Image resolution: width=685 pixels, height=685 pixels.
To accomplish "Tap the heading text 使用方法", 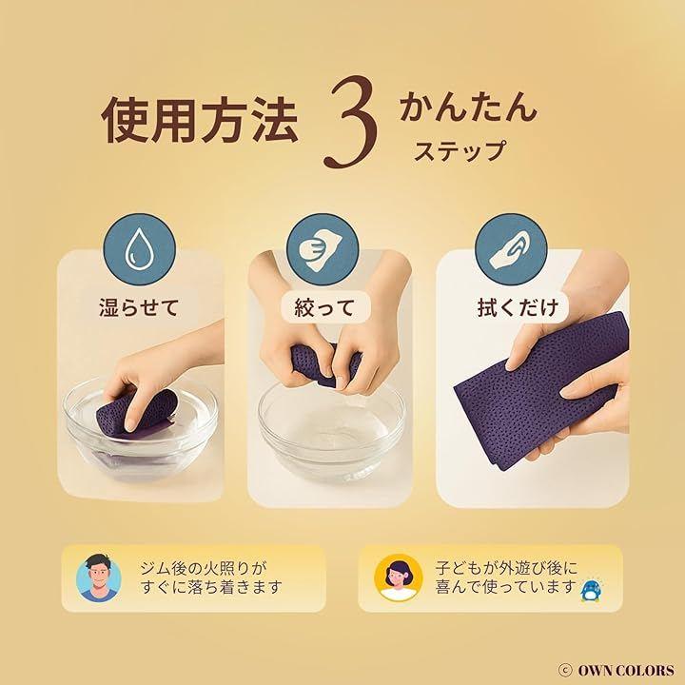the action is pos(200,119).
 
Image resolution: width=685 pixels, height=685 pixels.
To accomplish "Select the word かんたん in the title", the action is pos(468,106).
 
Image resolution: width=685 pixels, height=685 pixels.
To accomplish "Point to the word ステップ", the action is pos(460,150).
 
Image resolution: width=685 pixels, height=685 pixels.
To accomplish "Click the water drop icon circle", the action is pos(139,249).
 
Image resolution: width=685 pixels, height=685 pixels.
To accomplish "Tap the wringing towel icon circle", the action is pos(323,249).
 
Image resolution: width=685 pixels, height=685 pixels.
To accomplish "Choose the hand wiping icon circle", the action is pos(511,249).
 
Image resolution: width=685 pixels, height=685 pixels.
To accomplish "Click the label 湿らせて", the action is pos(139,307).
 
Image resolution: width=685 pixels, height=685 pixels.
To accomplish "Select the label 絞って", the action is pos(324,307).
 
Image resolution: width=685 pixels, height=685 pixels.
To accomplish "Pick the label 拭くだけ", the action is pos(519,307).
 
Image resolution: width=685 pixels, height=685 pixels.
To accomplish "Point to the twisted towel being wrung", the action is pos(325,363).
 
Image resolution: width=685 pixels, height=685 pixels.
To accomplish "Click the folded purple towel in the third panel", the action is pos(541,393).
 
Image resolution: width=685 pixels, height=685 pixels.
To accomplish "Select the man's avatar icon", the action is pos(99,577).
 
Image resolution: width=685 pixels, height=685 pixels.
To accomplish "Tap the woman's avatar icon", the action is pos(398,577).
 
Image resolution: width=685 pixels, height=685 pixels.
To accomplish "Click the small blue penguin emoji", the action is pos(591,592).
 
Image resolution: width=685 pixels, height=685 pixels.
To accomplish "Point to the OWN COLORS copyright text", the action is pos(616,670).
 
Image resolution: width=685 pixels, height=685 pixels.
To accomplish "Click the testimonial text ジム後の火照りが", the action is pos(204,568).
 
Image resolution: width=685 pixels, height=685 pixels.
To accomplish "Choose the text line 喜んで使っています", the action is pos(504,587).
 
